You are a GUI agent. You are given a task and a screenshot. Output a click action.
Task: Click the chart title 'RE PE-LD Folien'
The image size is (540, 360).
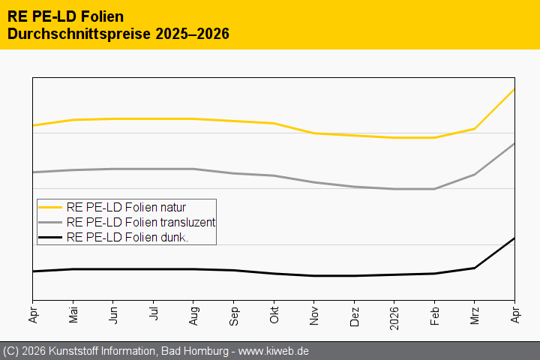tap(65, 16)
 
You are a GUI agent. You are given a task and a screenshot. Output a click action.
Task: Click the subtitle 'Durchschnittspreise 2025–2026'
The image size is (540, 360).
tap(118, 34)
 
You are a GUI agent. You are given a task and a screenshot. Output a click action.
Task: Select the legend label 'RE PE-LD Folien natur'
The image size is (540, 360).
tap(126, 207)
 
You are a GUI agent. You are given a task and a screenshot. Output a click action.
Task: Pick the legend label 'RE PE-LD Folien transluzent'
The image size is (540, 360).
tap(140, 222)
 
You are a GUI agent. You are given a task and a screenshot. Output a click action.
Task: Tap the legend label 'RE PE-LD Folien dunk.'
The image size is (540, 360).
tap(127, 237)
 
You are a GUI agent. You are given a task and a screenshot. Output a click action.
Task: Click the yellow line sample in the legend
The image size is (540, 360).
tap(50, 207)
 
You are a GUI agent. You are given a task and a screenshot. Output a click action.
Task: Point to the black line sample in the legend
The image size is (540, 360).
tap(50, 237)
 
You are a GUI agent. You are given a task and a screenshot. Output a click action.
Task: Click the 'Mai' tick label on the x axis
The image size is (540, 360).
tap(73, 313)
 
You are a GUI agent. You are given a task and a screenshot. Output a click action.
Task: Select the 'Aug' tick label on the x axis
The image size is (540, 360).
tap(193, 313)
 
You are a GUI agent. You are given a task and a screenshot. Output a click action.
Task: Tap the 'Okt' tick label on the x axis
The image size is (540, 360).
tap(274, 313)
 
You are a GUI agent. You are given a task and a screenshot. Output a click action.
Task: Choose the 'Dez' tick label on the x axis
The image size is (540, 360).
tap(354, 313)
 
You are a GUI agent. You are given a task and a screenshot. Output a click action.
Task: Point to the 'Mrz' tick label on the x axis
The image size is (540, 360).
tap(475, 313)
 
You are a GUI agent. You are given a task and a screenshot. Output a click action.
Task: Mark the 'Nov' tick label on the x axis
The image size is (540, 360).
tap(314, 313)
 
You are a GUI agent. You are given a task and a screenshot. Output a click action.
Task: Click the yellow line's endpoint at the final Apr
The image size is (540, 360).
tap(514, 89)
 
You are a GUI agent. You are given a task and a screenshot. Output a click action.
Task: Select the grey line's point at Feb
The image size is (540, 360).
tap(434, 189)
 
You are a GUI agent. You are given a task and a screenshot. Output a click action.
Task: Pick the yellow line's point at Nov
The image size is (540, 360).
tap(314, 133)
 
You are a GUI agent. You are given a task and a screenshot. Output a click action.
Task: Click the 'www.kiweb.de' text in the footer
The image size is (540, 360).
tap(274, 351)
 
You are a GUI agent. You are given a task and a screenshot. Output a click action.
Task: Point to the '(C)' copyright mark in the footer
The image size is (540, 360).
tap(10, 351)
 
